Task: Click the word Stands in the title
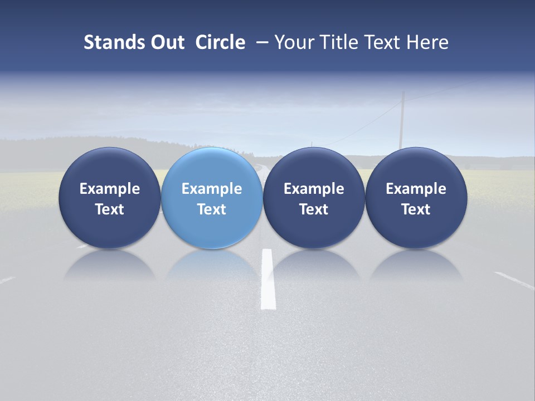[x=108, y=42]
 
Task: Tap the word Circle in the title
[x=220, y=42]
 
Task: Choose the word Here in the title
[x=429, y=42]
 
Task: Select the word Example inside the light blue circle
[x=212, y=189]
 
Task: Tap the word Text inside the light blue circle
[x=212, y=209]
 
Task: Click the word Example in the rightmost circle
[x=416, y=189]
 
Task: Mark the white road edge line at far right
[x=514, y=280]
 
